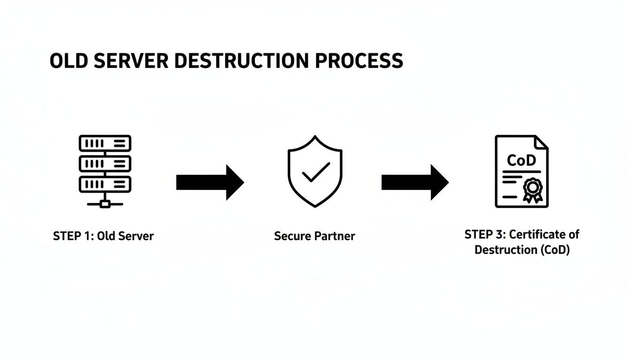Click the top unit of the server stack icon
105,143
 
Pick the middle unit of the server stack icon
105,164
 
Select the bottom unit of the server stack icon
105,184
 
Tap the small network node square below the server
105,204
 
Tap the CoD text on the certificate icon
521,161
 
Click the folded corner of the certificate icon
541,142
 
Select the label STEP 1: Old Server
103,236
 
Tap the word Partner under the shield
335,236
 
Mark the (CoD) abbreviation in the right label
555,250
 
